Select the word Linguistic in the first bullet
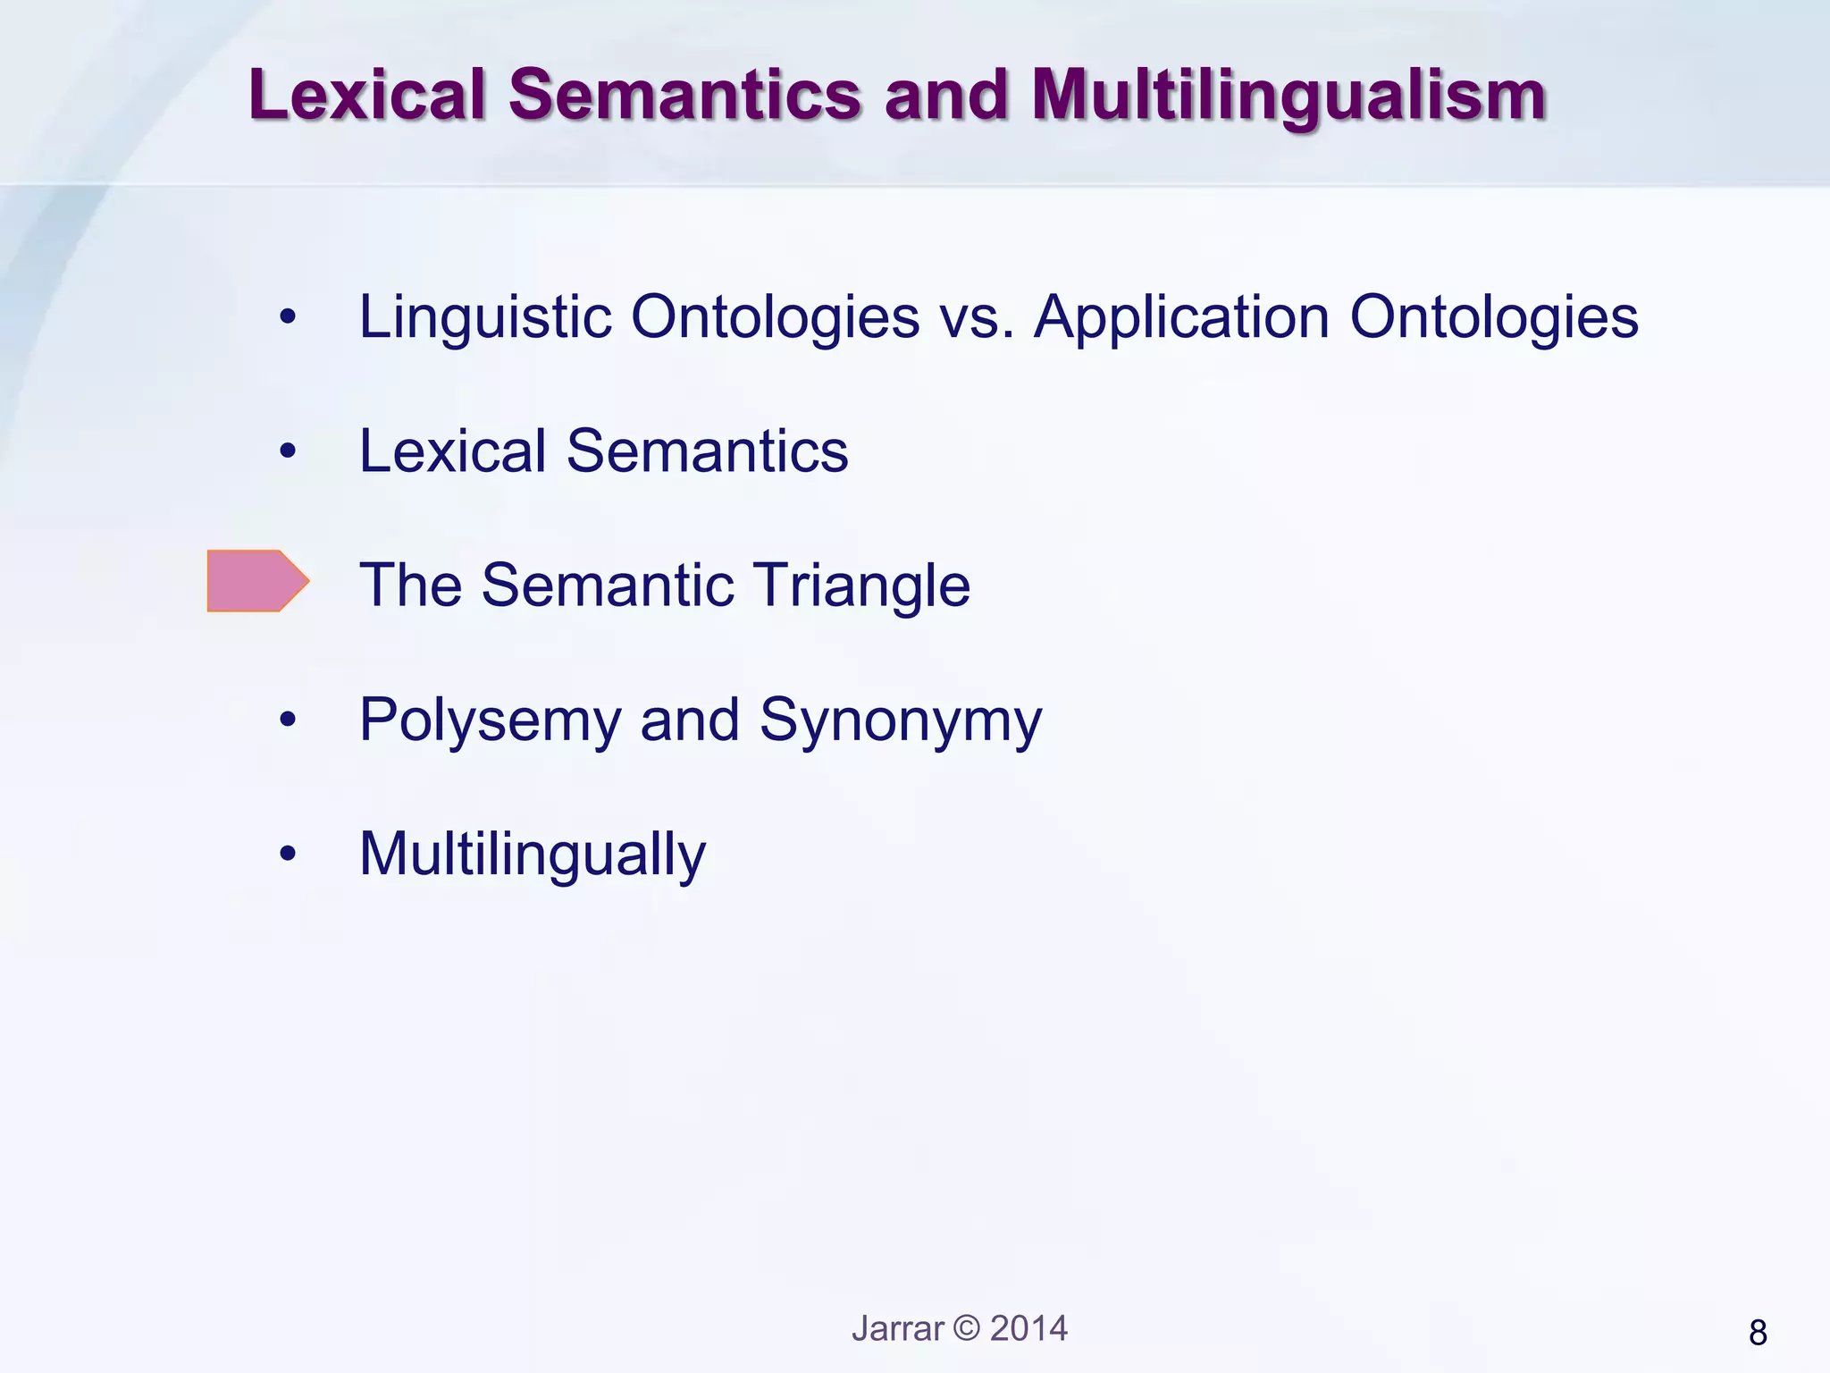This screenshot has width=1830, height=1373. pyautogui.click(x=484, y=317)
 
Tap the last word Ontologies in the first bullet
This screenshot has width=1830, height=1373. pyautogui.click(x=1494, y=317)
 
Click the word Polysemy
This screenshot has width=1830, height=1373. pyautogui.click(x=491, y=720)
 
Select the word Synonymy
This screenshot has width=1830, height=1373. pyautogui.click(x=901, y=720)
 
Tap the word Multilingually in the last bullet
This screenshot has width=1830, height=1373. pyautogui.click(x=533, y=855)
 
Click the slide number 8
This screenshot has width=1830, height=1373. pyautogui.click(x=1757, y=1333)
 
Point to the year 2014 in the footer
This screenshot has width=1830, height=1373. pyautogui.click(x=1028, y=1328)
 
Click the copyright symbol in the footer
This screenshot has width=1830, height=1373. pyautogui.click(x=967, y=1328)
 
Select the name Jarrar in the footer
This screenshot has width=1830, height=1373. pyautogui.click(x=897, y=1328)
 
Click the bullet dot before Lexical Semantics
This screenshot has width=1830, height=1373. pyautogui.click(x=287, y=451)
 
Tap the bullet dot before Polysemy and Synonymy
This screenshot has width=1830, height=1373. pyautogui.click(x=287, y=720)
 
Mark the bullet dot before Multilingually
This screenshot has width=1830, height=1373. pyautogui.click(x=287, y=854)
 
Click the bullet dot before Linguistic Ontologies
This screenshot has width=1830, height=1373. pyautogui.click(x=287, y=316)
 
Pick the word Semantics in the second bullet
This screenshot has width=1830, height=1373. pyautogui.click(x=707, y=451)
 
